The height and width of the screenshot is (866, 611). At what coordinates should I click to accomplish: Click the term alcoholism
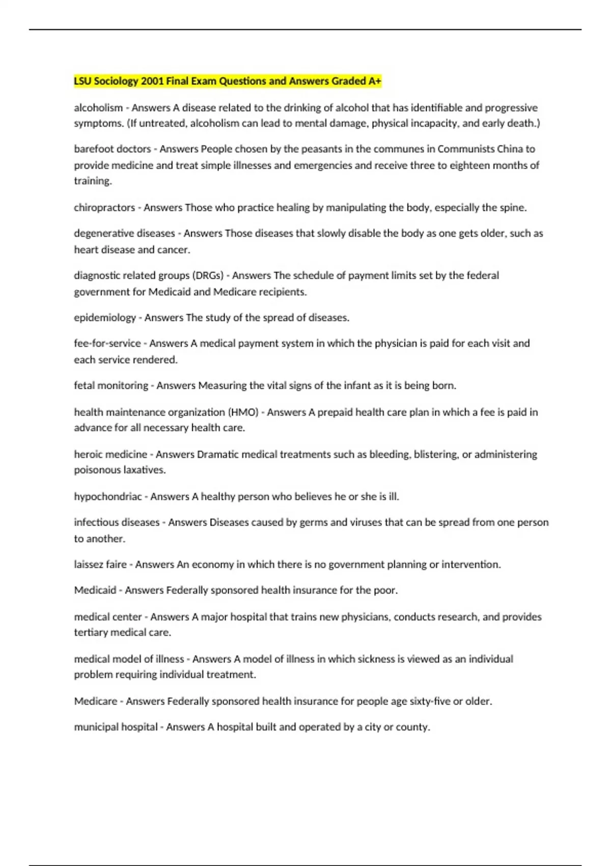(98, 108)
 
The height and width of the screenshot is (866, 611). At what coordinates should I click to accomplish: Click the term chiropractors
(104, 208)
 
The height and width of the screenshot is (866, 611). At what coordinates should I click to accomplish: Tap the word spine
(514, 208)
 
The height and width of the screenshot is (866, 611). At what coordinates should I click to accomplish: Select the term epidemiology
(105, 318)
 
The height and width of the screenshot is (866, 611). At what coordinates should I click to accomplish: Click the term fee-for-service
(107, 343)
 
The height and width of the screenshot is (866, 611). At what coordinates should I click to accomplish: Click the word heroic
(88, 454)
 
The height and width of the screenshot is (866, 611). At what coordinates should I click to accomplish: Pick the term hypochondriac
(107, 497)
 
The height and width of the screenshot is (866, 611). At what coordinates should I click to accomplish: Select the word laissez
(88, 564)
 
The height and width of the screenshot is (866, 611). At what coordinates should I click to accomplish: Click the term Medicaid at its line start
(95, 590)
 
